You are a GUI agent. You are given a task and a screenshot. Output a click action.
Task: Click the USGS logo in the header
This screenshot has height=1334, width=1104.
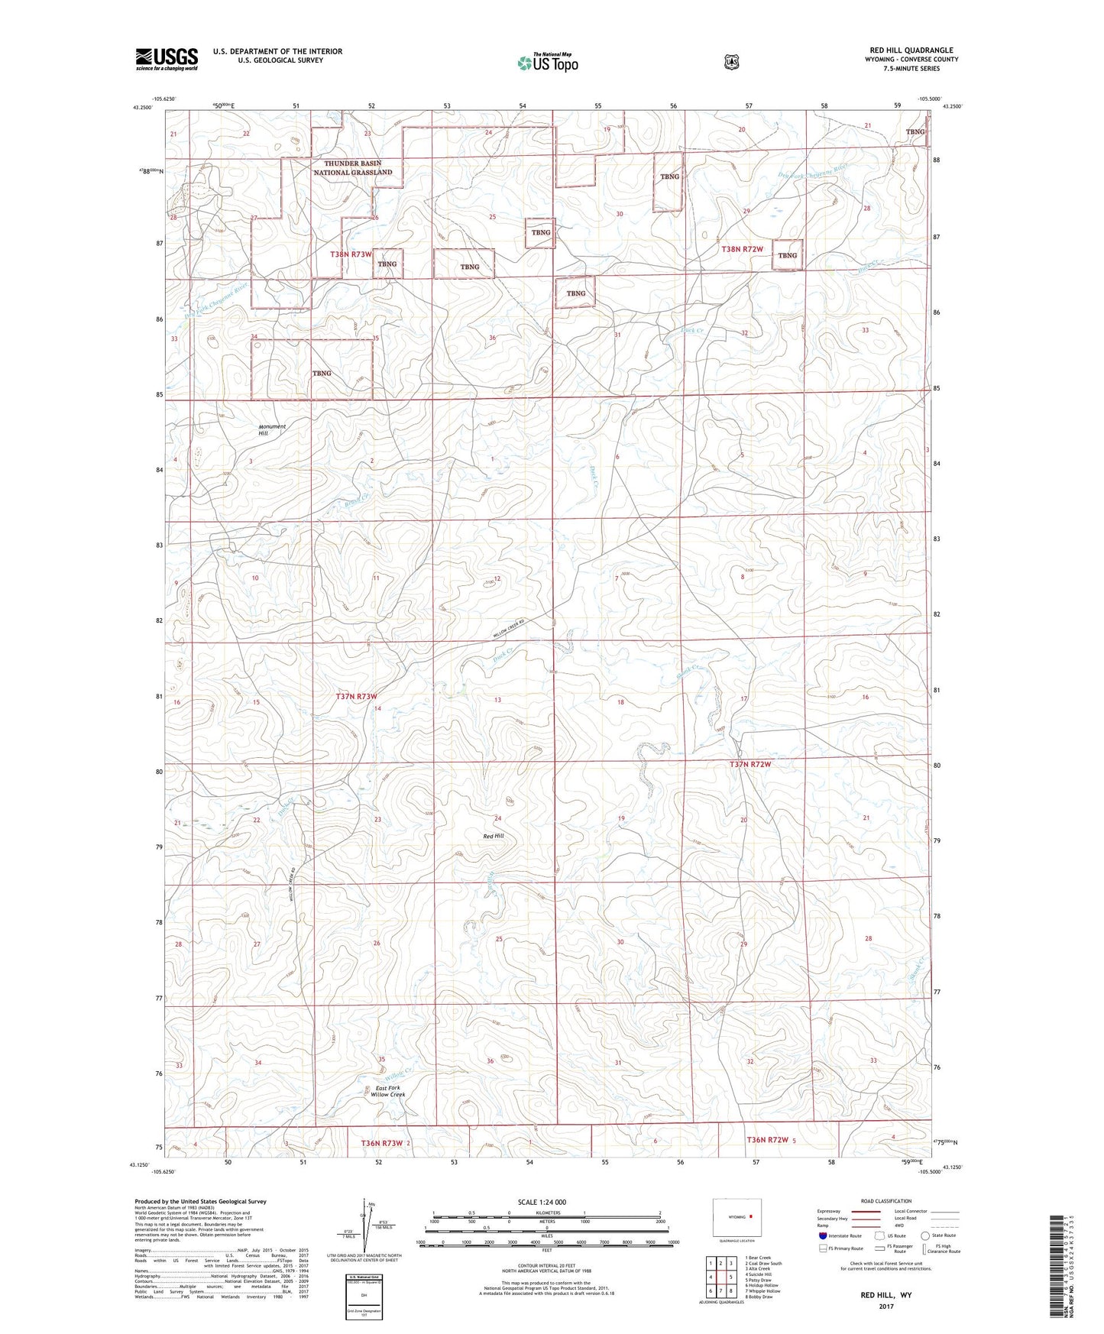click(167, 59)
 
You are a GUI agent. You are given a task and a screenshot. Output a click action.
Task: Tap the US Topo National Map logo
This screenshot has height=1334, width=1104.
click(546, 62)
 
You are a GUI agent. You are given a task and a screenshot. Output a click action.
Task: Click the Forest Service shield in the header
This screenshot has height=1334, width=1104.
click(731, 61)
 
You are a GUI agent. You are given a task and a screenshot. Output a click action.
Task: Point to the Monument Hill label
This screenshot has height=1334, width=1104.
click(271, 429)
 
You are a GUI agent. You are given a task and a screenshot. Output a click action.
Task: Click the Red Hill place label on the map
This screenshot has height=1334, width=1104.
click(494, 836)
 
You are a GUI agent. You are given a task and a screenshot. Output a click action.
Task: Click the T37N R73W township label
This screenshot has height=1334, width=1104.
click(357, 696)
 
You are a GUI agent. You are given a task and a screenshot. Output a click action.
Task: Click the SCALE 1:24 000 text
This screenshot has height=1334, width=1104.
click(542, 1202)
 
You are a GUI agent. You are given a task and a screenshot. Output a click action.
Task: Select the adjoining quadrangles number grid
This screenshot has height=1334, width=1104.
click(720, 1277)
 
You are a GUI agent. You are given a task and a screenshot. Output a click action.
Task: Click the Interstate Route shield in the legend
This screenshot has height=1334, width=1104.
click(822, 1235)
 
